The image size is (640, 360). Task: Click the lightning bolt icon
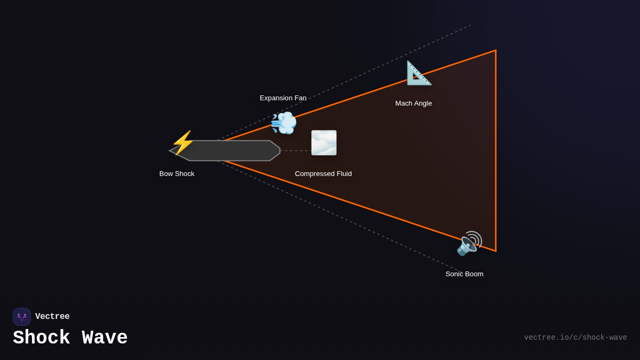point(183,142)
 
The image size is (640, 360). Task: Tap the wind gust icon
point(284,123)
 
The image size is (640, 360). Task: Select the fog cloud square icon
point(324,143)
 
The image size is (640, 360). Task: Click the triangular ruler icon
point(419,73)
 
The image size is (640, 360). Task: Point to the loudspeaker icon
point(469,243)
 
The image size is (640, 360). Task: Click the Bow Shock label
point(177,173)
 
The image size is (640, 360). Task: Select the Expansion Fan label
point(283,98)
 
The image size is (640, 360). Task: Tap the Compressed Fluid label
point(323,173)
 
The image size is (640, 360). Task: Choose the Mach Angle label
point(413,103)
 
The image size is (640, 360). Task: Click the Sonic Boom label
point(465,274)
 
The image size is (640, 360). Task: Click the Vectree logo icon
point(22,317)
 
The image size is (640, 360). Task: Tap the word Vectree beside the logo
point(52,317)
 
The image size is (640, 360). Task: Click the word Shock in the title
point(41,338)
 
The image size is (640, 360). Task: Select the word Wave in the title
point(105,338)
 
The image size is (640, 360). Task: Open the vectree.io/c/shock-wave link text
point(575,338)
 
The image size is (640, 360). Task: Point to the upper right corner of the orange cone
point(495,51)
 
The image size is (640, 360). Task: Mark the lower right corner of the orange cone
point(495,251)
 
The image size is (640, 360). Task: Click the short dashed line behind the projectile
point(295,150)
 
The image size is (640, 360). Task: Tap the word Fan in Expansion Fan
point(300,98)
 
